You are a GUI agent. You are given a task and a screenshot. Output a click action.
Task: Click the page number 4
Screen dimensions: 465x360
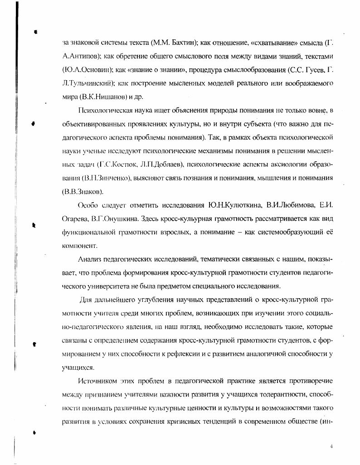tap(332, 446)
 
